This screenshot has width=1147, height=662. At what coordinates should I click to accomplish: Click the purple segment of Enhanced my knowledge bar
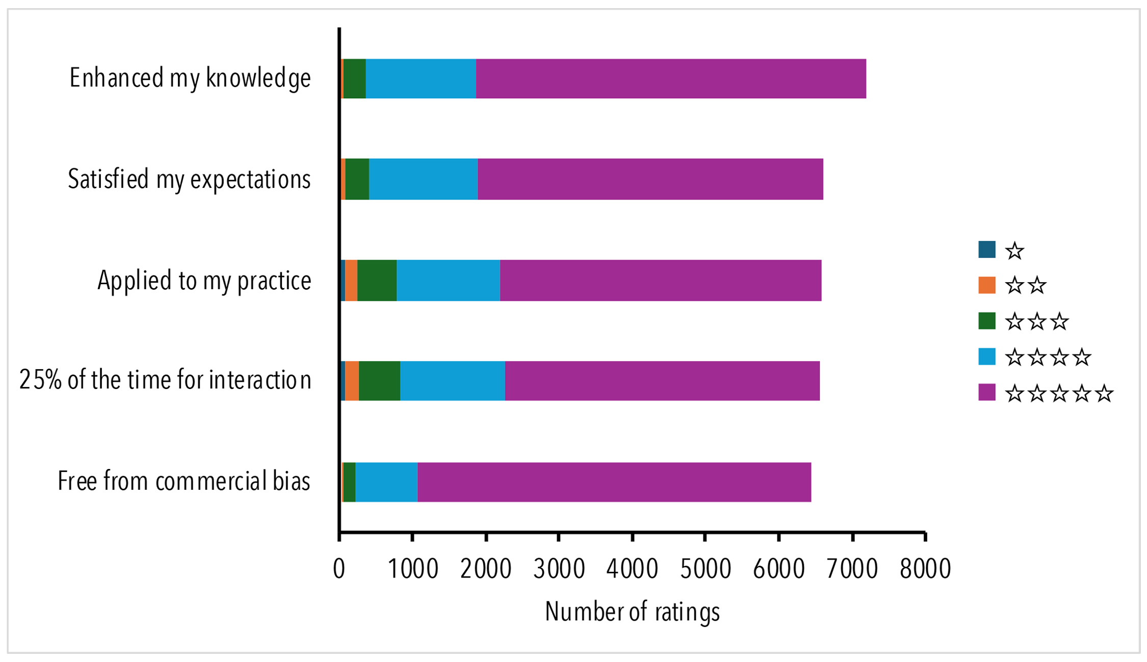[x=670, y=78]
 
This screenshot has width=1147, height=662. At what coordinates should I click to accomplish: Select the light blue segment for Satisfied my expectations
[x=423, y=179]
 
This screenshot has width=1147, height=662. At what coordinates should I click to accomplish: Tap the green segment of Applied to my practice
[x=377, y=280]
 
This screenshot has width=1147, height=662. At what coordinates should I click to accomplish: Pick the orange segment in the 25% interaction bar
[x=352, y=381]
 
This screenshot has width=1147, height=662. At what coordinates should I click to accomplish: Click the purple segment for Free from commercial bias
[x=614, y=482]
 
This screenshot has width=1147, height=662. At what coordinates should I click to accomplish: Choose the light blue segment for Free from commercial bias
[x=386, y=482]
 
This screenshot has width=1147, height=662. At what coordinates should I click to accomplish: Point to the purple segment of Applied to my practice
[x=660, y=280]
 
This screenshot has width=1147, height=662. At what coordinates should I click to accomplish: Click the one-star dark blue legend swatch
[x=986, y=250]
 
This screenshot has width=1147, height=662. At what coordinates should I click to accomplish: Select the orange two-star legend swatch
[x=986, y=285]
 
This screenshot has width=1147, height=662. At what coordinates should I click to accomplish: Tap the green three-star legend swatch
[x=986, y=321]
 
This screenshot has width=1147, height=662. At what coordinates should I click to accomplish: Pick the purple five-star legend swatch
[x=986, y=393]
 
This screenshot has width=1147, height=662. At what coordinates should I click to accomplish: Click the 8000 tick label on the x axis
[x=925, y=569]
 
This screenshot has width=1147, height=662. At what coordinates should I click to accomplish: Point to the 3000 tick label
[x=559, y=569]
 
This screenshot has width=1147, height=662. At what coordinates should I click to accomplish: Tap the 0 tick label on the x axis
[x=339, y=569]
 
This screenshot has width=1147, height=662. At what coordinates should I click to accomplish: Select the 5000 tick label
[x=705, y=569]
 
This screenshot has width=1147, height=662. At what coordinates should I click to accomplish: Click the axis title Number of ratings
[x=632, y=612]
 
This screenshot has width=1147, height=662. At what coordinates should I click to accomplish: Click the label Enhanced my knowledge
[x=190, y=78]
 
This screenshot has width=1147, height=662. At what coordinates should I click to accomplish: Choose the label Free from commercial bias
[x=184, y=481]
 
